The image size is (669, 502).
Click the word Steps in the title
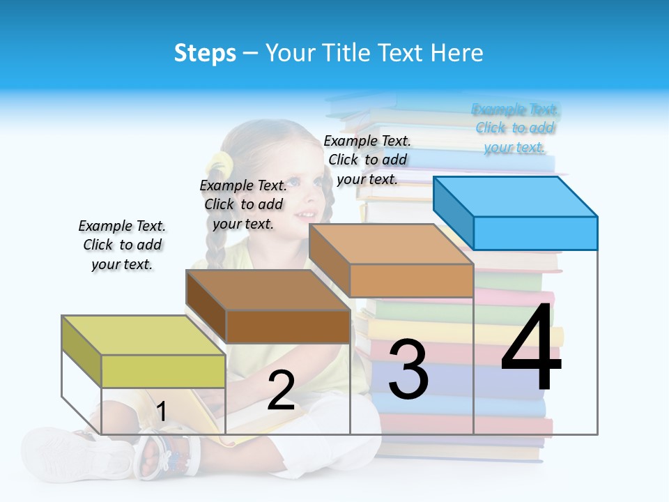point(205,53)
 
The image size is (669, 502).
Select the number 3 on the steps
point(408,370)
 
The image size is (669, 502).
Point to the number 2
point(281,390)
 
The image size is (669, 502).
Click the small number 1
point(161,411)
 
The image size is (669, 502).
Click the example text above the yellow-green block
point(122,245)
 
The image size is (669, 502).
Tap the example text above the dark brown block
point(243,204)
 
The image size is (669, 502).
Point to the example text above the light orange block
point(367,160)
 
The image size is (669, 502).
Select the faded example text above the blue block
point(515,128)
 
